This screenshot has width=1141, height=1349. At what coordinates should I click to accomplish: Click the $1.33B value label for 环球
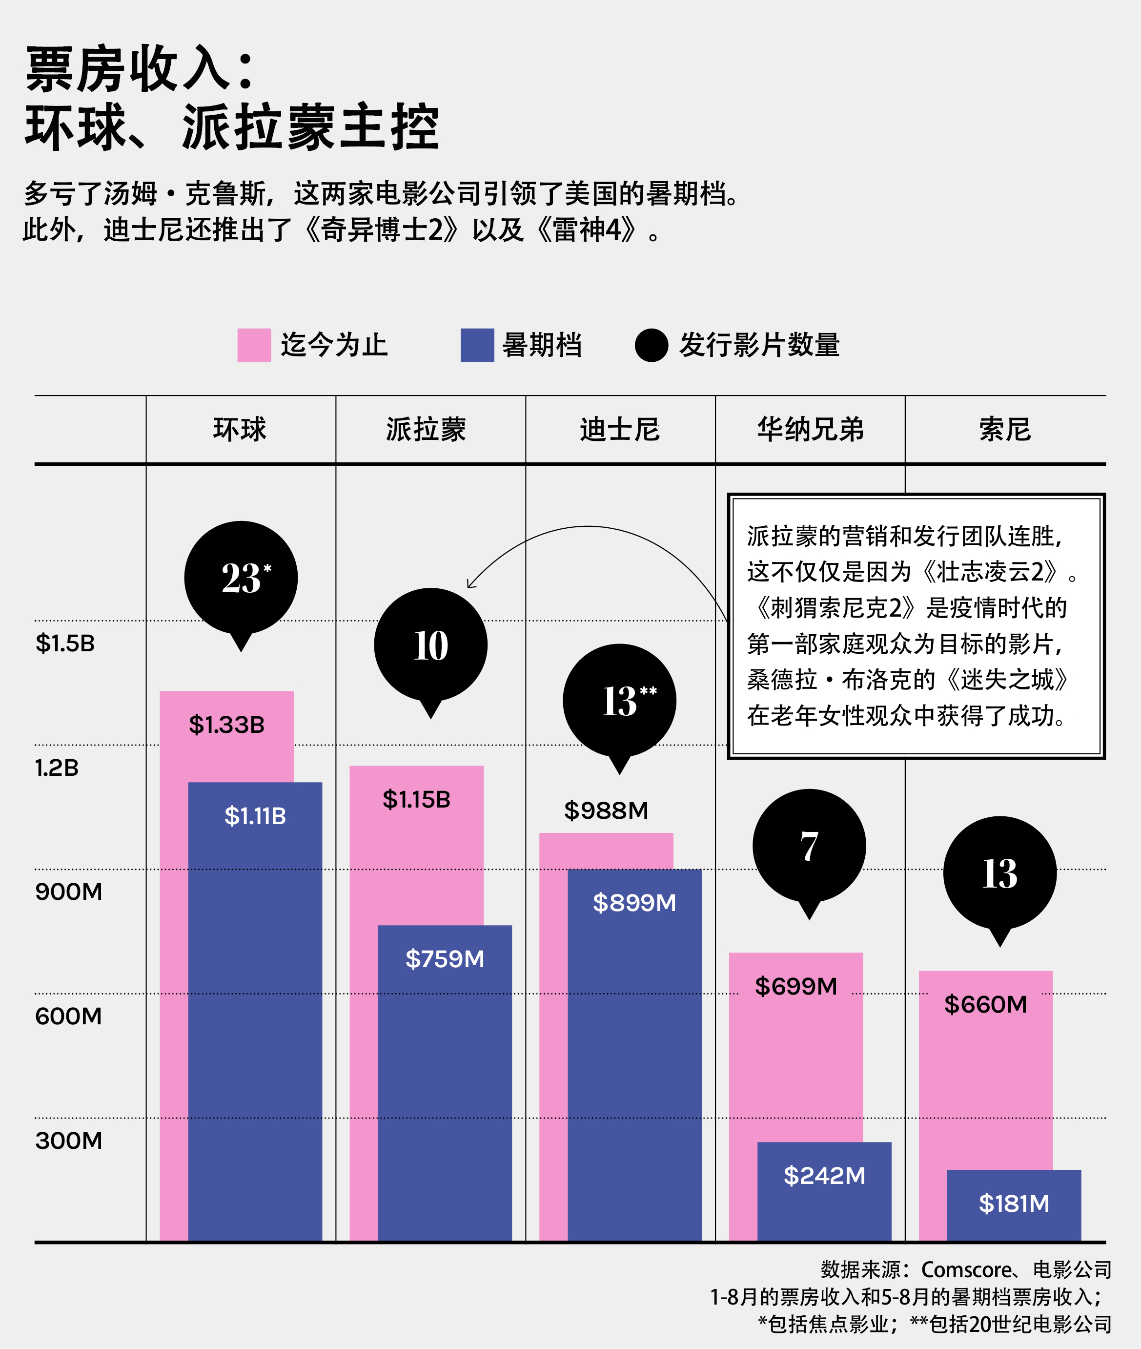[226, 725]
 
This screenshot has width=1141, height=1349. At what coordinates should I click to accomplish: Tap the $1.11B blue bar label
[255, 816]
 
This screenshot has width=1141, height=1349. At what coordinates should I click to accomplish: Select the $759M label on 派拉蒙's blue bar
[445, 959]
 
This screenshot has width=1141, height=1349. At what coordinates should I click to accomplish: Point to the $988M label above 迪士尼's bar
[606, 810]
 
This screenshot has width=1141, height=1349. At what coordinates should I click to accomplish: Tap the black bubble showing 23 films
[241, 578]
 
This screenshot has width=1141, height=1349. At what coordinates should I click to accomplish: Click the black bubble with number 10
[431, 645]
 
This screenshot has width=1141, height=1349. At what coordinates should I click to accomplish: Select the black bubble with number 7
[809, 846]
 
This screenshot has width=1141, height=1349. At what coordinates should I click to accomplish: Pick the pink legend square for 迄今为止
[254, 345]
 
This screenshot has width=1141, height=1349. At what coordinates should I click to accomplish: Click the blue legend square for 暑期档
[477, 345]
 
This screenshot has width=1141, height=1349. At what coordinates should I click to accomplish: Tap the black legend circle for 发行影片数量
[652, 345]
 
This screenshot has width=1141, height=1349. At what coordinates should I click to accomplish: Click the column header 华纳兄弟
[811, 430]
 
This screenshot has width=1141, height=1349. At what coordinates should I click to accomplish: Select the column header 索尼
[1004, 430]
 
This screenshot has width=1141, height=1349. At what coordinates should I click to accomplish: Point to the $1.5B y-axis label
[65, 643]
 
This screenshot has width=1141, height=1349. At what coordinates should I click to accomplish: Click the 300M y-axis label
[68, 1141]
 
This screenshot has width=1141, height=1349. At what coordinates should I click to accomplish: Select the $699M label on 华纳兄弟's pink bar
[795, 986]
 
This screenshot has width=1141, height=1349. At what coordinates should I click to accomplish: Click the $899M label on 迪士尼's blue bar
[634, 903]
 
